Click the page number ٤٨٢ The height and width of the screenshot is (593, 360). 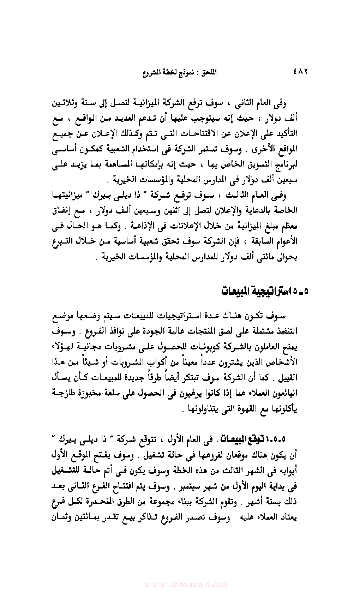[300, 72]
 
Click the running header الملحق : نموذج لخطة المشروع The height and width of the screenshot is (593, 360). [180, 72]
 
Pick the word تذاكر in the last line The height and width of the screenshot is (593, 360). [142, 518]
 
